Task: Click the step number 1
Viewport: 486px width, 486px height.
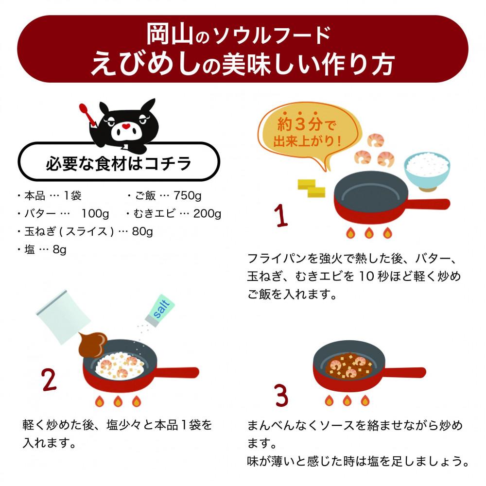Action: point(281,215)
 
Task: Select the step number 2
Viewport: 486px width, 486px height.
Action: point(49,380)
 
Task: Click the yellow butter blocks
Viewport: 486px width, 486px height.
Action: point(311,188)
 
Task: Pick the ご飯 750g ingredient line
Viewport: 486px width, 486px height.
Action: point(164,195)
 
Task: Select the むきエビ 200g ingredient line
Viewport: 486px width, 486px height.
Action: point(174,213)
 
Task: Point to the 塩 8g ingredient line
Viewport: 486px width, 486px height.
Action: point(41,249)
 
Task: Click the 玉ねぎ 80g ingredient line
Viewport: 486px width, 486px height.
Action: point(85,231)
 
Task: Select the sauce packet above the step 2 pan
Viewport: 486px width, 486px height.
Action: point(63,317)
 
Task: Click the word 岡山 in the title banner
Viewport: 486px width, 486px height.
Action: point(170,35)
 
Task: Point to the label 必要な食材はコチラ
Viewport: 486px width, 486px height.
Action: point(119,163)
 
